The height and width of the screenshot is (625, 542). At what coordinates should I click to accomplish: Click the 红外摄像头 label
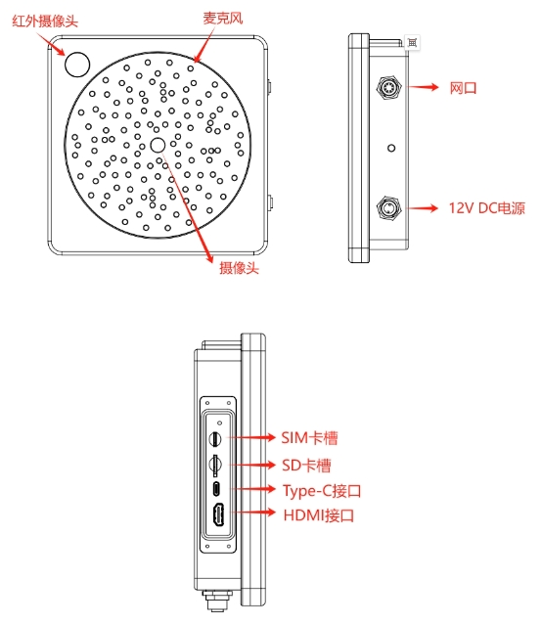(45, 22)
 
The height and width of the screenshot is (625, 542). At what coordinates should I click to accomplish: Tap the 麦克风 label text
(222, 18)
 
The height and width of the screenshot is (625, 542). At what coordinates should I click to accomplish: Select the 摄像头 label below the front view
(239, 267)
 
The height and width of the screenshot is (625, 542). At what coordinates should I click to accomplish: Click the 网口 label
(463, 88)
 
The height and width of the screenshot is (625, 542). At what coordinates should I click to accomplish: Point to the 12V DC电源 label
(487, 208)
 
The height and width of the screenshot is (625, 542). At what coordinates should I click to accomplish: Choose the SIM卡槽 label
(309, 438)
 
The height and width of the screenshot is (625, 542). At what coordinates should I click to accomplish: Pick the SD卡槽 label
(306, 466)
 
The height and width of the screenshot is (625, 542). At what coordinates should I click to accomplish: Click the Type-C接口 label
(322, 491)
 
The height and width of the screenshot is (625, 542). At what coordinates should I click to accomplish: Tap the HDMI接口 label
(319, 515)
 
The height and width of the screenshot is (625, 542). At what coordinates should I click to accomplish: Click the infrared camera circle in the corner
(77, 65)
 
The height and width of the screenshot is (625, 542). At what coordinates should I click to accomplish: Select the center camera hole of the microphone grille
(158, 145)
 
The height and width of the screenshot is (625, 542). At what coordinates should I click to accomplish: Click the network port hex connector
(388, 87)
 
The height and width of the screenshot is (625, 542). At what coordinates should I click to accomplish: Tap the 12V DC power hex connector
(388, 207)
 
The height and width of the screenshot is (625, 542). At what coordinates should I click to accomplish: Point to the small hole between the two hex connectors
(391, 149)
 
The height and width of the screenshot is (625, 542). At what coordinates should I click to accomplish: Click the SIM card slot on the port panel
(216, 438)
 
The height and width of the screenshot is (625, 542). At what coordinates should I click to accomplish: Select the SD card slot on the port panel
(216, 464)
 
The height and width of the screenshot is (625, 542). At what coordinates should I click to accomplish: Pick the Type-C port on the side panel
(216, 489)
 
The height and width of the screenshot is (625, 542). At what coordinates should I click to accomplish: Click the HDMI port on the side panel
(218, 515)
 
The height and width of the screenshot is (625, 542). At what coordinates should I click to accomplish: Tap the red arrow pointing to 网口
(424, 87)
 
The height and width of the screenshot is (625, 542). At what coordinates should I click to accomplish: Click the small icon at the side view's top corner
(413, 42)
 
